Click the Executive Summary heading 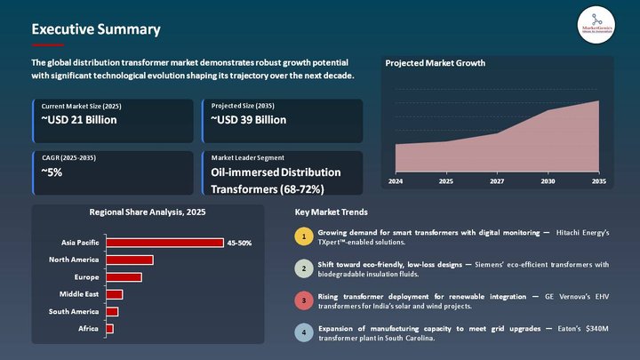96,29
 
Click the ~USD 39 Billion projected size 249,120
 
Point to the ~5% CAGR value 52,172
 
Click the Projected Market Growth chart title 435,64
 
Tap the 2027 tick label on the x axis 496,181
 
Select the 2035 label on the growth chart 599,181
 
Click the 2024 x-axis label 395,181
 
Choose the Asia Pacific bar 164,243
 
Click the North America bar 129,260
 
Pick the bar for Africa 109,329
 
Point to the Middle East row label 79,294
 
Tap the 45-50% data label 240,243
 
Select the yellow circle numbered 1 304,236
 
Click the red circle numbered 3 304,300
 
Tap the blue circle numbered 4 304,333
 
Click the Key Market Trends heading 331,212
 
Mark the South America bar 111,311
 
